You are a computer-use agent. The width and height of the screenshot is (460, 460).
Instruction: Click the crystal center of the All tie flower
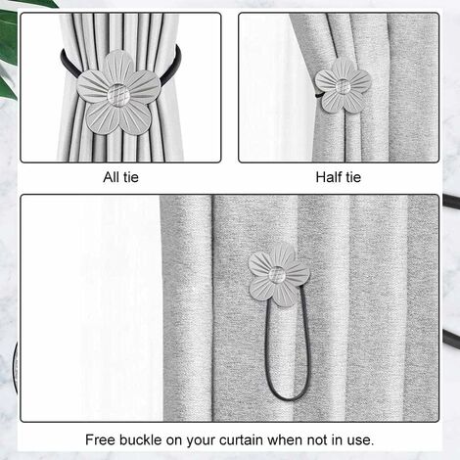(118, 95)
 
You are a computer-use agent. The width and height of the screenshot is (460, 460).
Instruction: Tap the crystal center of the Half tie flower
(343, 86)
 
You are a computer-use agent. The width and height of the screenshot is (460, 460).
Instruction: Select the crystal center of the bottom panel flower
(277, 275)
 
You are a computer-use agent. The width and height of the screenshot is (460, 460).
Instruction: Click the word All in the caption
(112, 177)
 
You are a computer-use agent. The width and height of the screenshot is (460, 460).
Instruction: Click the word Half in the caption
(329, 177)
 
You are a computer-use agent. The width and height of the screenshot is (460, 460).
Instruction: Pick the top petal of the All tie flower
(118, 67)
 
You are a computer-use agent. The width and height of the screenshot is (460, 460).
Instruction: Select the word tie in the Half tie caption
(353, 177)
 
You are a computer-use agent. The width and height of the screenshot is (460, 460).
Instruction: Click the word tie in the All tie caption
(131, 177)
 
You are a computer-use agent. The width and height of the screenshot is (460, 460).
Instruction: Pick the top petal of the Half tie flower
(343, 69)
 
